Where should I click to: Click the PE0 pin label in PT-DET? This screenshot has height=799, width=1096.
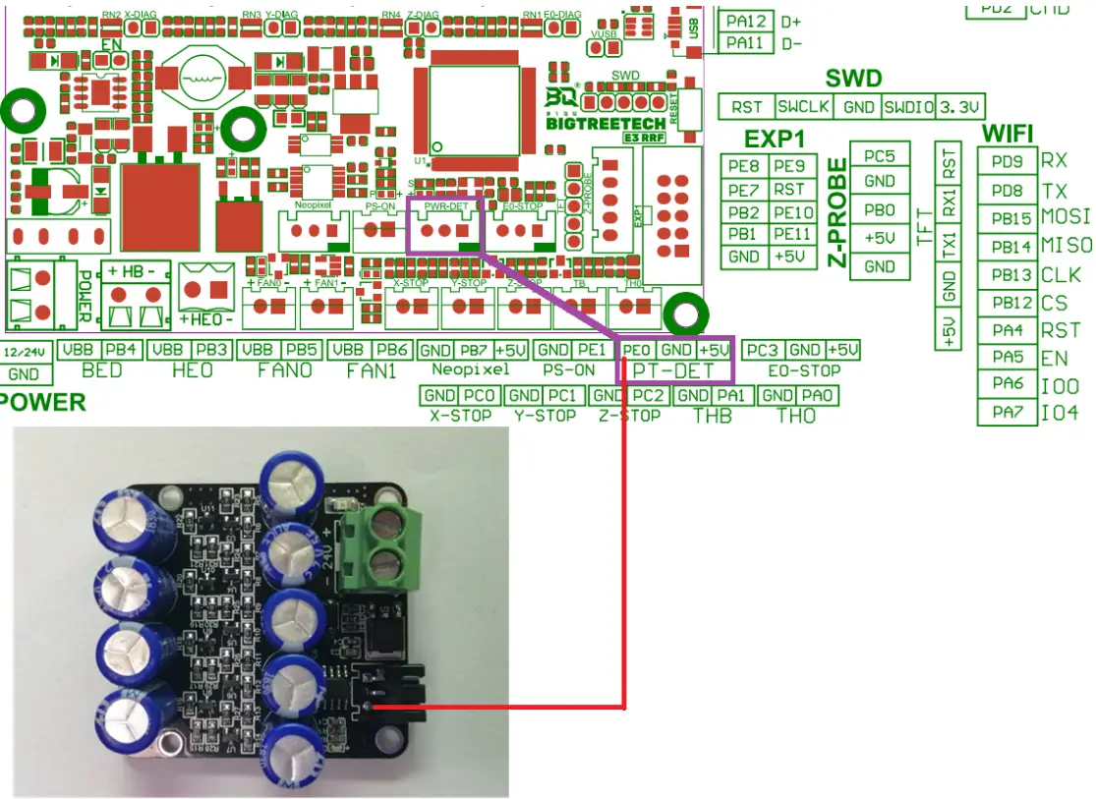(637, 350)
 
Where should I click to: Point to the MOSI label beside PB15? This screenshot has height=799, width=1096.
(1066, 217)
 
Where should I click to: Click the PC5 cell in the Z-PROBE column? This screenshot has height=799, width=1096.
(880, 155)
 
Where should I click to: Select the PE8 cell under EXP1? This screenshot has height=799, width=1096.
(744, 166)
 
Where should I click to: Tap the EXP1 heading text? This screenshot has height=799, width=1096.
(776, 139)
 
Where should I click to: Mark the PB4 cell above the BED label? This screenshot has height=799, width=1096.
(120, 350)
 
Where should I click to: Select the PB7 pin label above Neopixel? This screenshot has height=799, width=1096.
(474, 350)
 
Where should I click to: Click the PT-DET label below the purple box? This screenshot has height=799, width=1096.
(676, 371)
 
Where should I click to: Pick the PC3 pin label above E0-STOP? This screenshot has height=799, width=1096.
(763, 350)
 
